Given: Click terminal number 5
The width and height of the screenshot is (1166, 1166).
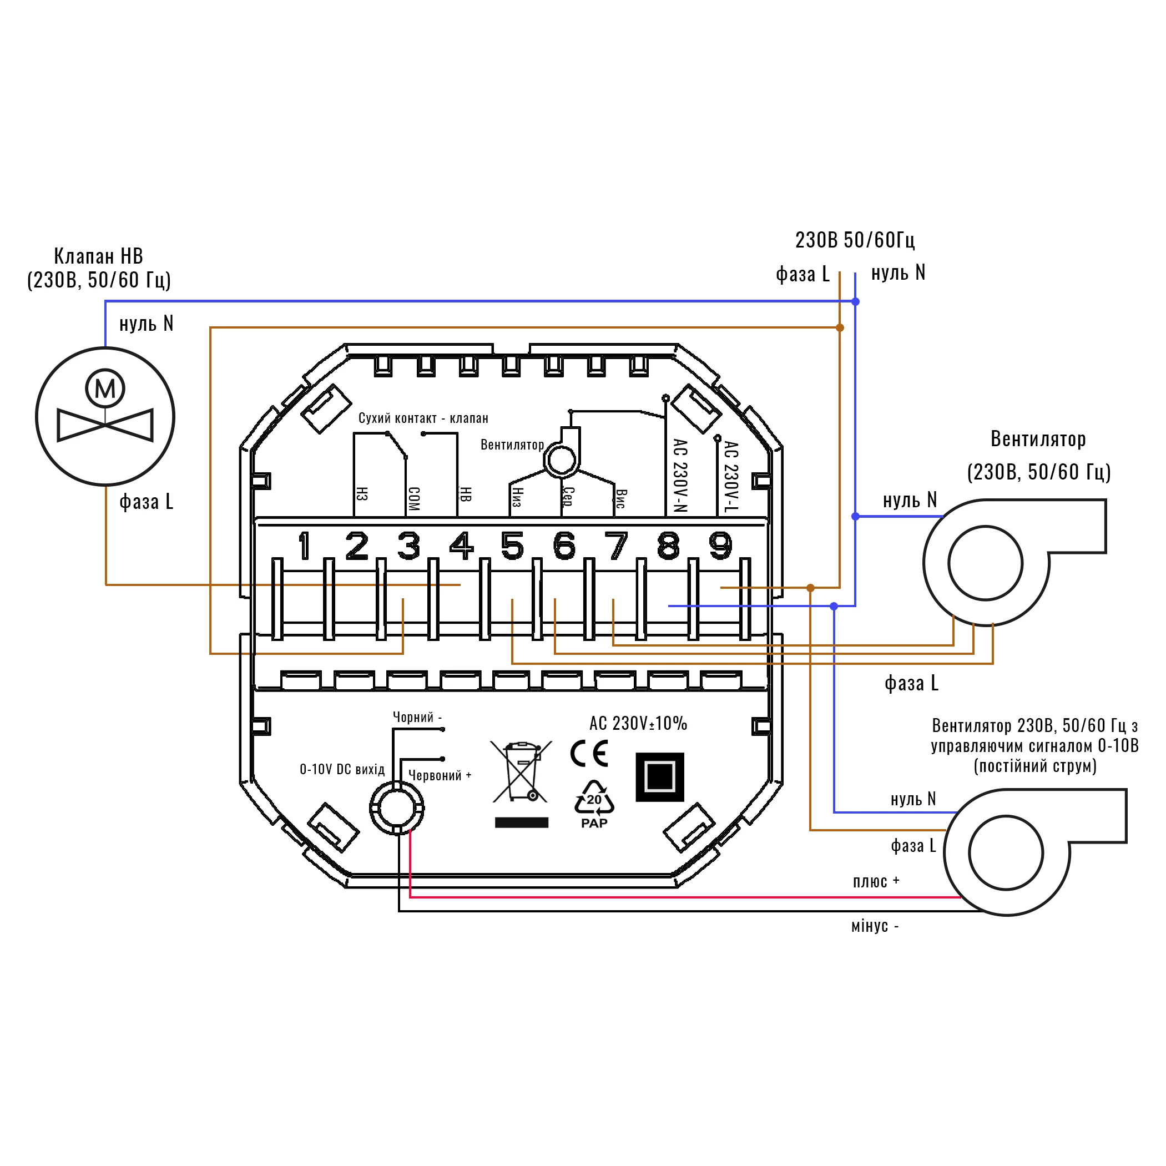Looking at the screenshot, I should coord(512,546).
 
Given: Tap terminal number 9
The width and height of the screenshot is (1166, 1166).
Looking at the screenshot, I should coord(720,546).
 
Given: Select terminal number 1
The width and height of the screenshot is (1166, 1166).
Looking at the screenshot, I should coord(305,546).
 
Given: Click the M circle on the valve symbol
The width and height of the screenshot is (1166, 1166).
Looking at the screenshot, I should coord(105,388).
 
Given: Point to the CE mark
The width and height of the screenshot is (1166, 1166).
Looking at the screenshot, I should coord(589,754).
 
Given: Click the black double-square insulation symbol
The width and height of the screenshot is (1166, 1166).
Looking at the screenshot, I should coord(660,777).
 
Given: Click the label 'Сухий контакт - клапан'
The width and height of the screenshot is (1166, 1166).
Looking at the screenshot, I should coord(423,418).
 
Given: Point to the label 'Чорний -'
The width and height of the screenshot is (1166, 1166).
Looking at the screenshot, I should coord(417,717).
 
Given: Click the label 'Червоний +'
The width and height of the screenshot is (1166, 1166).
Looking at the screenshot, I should coord(440,775).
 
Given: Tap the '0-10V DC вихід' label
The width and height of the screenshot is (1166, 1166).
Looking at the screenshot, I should coord(342,770).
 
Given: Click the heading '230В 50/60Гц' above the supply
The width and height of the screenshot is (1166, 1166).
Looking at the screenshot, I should coord(855,240).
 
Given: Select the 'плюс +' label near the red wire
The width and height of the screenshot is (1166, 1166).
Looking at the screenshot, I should coord(876,882).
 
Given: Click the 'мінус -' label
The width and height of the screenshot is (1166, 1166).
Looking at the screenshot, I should coord(875,926).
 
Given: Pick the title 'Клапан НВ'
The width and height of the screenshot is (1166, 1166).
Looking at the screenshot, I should coord(98,256).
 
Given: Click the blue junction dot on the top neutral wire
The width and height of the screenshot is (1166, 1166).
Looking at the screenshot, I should coord(855,301).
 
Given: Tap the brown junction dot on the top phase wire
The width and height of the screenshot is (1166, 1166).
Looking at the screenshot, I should coord(840,327).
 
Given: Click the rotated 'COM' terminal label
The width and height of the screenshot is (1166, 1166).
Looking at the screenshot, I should coord(414,499).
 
